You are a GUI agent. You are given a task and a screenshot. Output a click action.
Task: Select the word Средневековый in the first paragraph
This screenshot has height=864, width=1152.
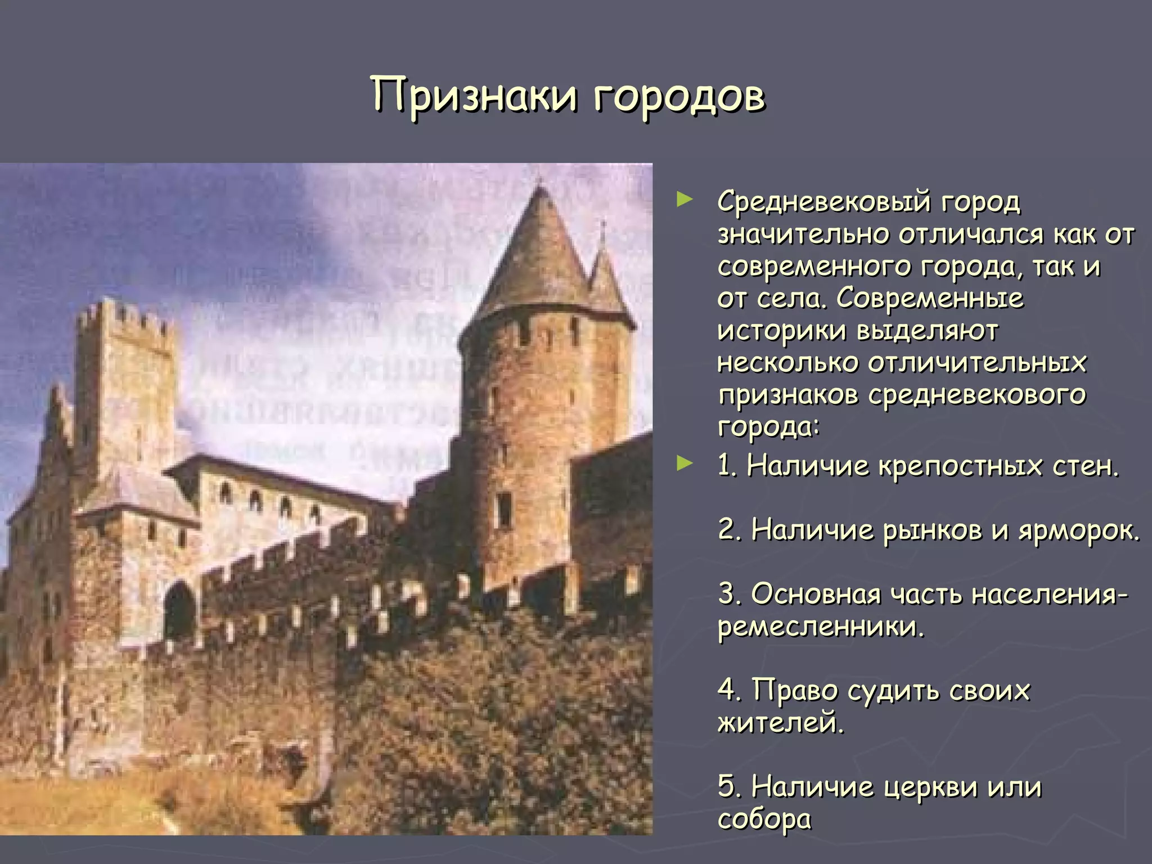pos(825,202)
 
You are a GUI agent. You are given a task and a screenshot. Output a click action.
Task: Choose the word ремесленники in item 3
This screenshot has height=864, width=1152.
pos(820,627)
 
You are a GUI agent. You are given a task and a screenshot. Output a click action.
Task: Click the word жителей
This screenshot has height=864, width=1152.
pos(780,722)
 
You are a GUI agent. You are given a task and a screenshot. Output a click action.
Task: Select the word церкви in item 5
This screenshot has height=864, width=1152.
pos(931,787)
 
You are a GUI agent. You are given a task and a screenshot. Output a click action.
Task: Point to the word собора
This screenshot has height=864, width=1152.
pos(764,819)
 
